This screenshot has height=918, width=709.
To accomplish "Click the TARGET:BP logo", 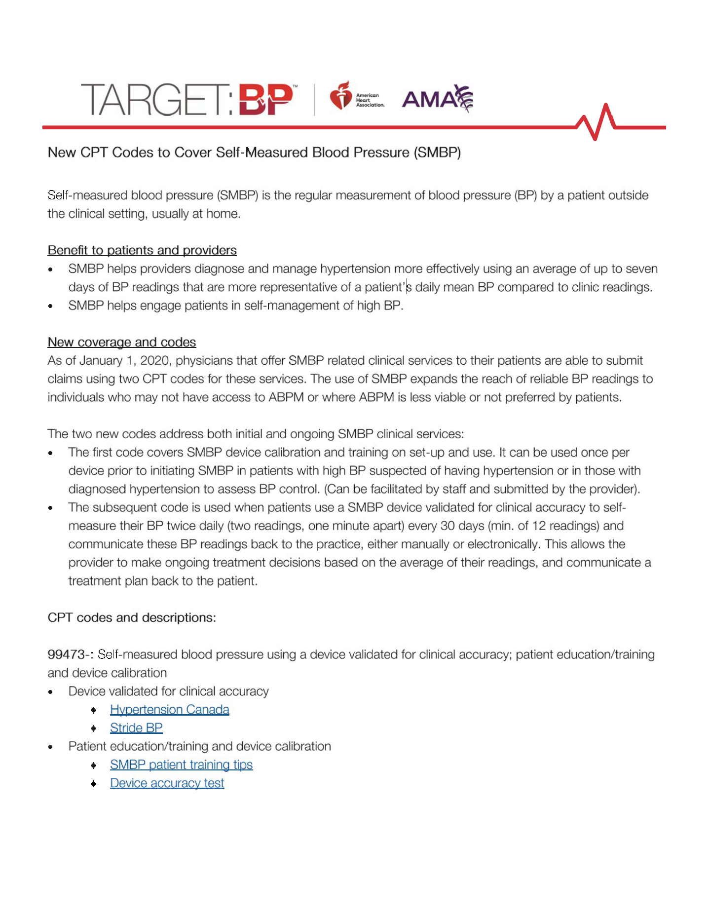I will click(189, 100).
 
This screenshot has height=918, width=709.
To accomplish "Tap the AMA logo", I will click(437, 98).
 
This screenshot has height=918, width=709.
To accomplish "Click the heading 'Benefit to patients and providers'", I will click(142, 250).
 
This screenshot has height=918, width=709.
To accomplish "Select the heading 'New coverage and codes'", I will click(122, 342).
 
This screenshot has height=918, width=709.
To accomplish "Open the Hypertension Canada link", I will click(170, 709).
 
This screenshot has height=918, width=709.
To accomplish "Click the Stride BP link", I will click(136, 727).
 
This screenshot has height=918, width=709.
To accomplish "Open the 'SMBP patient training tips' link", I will click(181, 765).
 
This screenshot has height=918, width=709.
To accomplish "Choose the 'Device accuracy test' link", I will click(167, 783).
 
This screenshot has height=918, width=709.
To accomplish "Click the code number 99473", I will click(66, 654).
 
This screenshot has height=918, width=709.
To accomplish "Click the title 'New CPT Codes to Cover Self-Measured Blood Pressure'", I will click(254, 153).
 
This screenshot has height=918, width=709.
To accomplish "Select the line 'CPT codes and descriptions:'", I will click(132, 617).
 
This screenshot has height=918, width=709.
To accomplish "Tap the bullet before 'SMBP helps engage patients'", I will click(51, 306).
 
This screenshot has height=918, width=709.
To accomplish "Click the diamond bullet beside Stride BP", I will click(94, 728).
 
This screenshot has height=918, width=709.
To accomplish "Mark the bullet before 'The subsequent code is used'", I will click(51, 508).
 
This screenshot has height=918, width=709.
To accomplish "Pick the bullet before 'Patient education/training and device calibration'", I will click(51, 747).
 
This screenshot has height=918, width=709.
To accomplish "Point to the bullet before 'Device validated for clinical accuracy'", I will click(51, 691).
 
